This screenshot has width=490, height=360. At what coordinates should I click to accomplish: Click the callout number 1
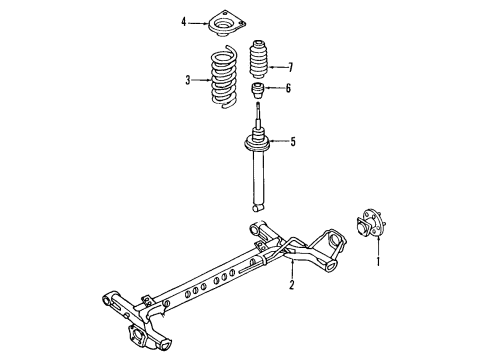[378, 263]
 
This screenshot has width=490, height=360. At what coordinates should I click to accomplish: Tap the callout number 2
[291, 286]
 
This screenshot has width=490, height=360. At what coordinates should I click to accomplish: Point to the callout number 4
[183, 20]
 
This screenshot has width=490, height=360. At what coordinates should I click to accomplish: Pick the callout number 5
[293, 141]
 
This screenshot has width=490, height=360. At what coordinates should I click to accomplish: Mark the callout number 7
[291, 67]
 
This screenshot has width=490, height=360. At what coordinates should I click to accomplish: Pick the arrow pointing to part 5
[277, 141]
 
